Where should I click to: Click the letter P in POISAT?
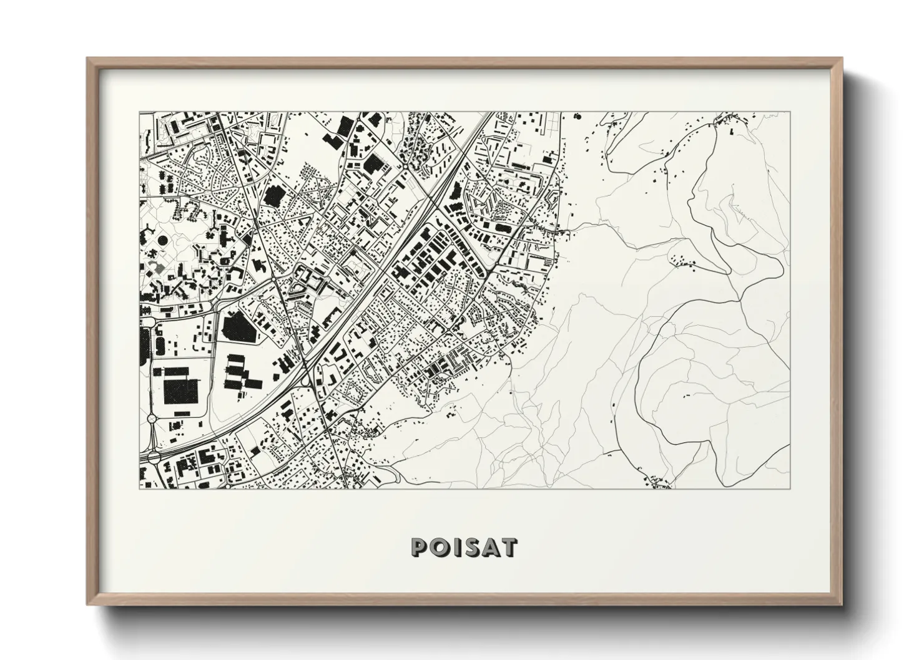tap(418, 547)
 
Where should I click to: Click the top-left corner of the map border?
tap(138, 113)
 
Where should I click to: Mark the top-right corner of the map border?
tap(790, 113)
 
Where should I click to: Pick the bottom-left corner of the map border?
tap(138, 488)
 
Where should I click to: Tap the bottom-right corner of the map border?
tap(790, 488)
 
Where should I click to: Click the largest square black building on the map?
tap(180, 391)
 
